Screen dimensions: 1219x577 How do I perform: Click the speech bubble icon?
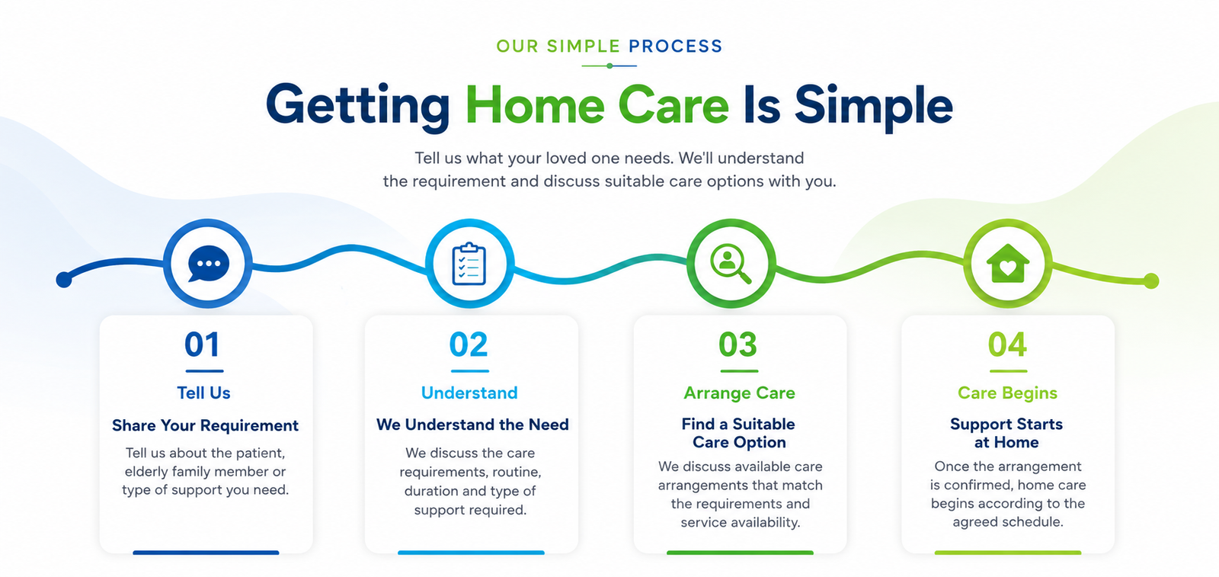pyautogui.click(x=209, y=264)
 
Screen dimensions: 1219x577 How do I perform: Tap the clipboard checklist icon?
pyautogui.click(x=469, y=264)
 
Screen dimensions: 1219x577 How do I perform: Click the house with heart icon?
pyautogui.click(x=1008, y=263)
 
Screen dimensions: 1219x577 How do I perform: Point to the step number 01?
pyautogui.click(x=202, y=345)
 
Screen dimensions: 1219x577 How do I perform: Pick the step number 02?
pyautogui.click(x=468, y=345)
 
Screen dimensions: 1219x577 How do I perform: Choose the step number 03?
pyautogui.click(x=737, y=345)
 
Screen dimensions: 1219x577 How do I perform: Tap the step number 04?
pyautogui.click(x=1007, y=345)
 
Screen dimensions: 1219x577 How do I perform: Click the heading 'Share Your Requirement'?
pyautogui.click(x=205, y=425)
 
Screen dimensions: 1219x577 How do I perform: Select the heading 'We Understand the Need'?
pyautogui.click(x=472, y=425)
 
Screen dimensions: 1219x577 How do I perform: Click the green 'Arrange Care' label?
pyautogui.click(x=739, y=393)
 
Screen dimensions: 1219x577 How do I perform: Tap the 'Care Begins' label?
pyautogui.click(x=1007, y=393)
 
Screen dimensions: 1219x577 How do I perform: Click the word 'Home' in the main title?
pyautogui.click(x=535, y=105)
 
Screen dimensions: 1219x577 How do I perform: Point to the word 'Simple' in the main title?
pyautogui.click(x=873, y=107)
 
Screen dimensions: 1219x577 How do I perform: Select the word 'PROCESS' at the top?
pyautogui.click(x=675, y=46)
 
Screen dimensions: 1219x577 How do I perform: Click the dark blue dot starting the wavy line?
pyautogui.click(x=64, y=280)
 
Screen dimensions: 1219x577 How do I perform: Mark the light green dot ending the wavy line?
pyautogui.click(x=1151, y=281)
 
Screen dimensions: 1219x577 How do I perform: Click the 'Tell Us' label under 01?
pyautogui.click(x=203, y=393)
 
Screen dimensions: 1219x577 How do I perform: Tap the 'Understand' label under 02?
pyautogui.click(x=469, y=393)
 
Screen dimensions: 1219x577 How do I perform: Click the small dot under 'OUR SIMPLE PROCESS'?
pyautogui.click(x=609, y=66)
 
